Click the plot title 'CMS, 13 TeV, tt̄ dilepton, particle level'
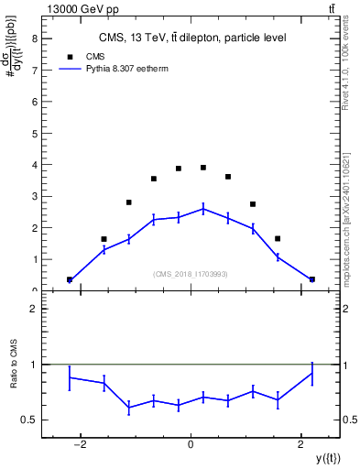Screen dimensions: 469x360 191,38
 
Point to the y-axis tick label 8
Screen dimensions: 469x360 34,38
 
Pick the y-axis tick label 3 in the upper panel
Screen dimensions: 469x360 34,196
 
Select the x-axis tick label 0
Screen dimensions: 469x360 191,444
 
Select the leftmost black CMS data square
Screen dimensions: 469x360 70,279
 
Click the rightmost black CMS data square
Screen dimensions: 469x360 312,279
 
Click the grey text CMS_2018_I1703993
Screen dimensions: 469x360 191,274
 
